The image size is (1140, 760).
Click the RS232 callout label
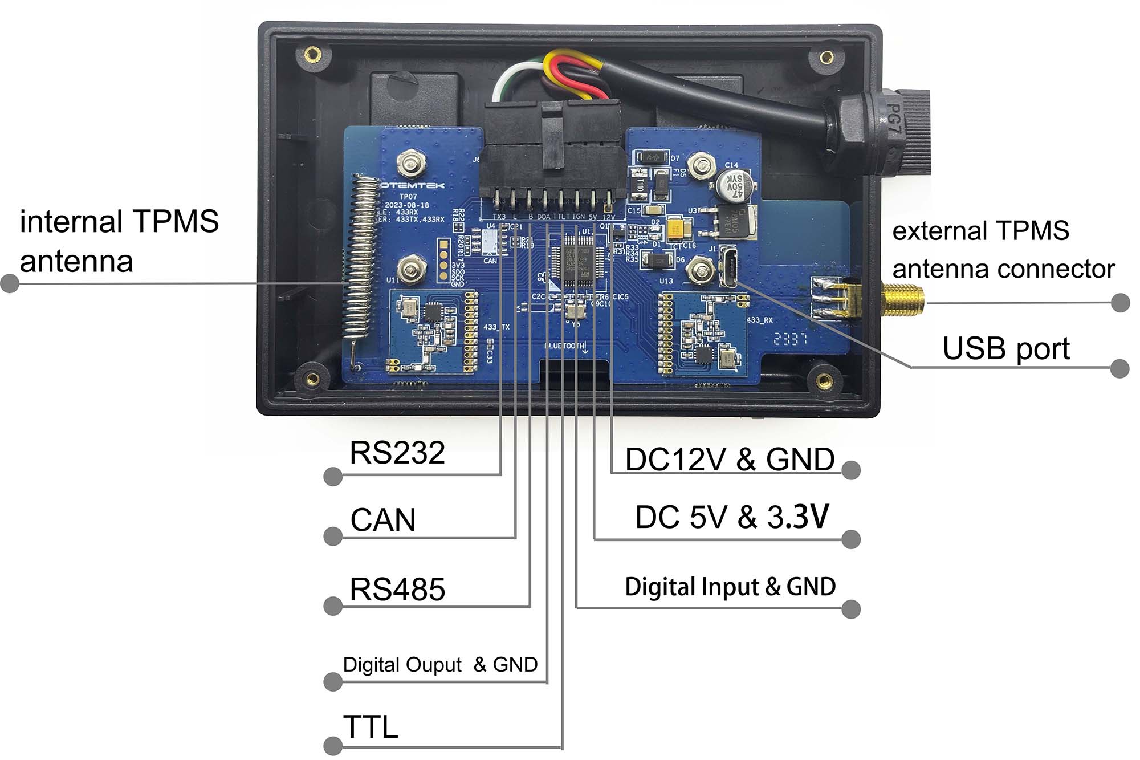397,453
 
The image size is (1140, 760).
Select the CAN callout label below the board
383,520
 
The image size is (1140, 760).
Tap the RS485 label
397,589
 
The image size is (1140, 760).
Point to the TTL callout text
370,727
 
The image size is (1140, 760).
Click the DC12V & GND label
730,460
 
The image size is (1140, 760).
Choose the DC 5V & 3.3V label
732,517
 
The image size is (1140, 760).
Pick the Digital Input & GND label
730,587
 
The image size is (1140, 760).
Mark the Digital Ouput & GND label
440,665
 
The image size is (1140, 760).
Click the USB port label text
1006,348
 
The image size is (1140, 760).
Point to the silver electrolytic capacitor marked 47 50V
734,186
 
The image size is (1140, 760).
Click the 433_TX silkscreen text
496,327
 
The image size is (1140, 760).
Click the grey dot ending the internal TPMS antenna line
10,283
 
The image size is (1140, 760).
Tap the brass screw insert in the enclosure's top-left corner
312,55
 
